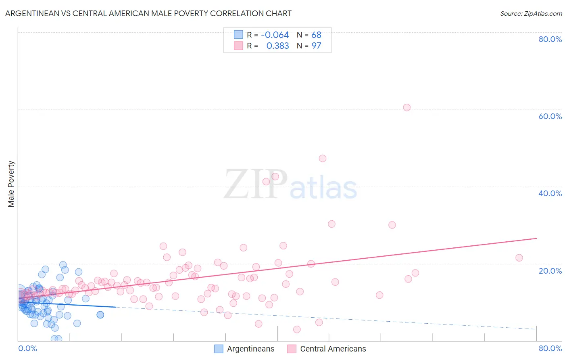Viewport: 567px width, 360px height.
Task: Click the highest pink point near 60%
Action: [x=406, y=107]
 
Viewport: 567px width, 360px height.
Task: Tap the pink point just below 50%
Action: [x=322, y=158]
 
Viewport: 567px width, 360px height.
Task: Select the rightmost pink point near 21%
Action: [x=519, y=257]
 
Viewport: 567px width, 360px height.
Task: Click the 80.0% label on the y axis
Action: [x=550, y=39]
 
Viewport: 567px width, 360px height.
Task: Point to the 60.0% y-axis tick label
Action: [x=550, y=116]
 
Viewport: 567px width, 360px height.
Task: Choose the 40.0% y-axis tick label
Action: [x=550, y=193]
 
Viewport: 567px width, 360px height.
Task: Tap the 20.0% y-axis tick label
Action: [x=550, y=271]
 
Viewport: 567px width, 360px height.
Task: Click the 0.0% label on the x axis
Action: [x=27, y=348]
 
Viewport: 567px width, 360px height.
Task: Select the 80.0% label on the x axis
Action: [x=550, y=348]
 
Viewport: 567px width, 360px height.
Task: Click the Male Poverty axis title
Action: [x=11, y=184]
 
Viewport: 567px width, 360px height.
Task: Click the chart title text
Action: [x=148, y=13]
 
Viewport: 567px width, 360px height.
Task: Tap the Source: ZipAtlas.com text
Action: [x=531, y=13]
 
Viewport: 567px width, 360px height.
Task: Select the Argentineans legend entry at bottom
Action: [x=244, y=349]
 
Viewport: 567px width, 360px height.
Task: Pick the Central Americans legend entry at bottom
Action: [x=327, y=349]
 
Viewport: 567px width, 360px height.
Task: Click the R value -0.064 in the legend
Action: [x=275, y=35]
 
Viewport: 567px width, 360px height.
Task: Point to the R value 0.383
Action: [x=277, y=46]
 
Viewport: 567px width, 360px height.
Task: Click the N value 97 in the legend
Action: [x=316, y=46]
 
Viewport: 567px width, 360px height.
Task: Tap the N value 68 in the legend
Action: [x=316, y=35]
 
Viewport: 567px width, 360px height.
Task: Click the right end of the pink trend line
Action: [x=536, y=238]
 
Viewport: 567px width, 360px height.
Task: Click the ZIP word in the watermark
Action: [x=256, y=184]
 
